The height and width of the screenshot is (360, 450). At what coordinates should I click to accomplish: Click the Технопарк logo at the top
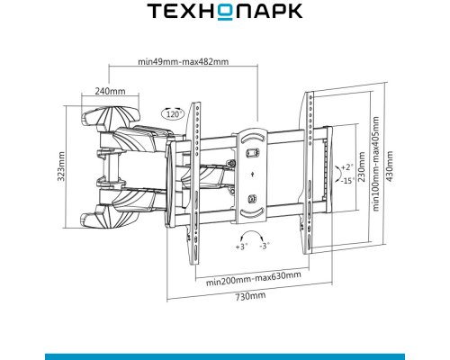[x=224, y=12]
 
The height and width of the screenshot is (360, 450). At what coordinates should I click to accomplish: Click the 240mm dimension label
[x=110, y=91]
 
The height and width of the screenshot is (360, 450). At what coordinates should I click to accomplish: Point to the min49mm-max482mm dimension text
[x=183, y=61]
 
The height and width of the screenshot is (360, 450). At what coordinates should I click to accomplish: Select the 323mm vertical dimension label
[x=61, y=166]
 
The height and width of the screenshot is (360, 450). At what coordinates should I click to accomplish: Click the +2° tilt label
[x=347, y=167]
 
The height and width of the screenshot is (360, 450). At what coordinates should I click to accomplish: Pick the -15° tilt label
[x=347, y=181]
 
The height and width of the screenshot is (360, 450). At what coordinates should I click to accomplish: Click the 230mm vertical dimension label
[x=362, y=166]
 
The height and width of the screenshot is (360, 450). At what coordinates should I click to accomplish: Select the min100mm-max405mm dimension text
[x=375, y=164]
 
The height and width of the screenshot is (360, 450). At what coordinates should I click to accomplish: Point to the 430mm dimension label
[x=390, y=166]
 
